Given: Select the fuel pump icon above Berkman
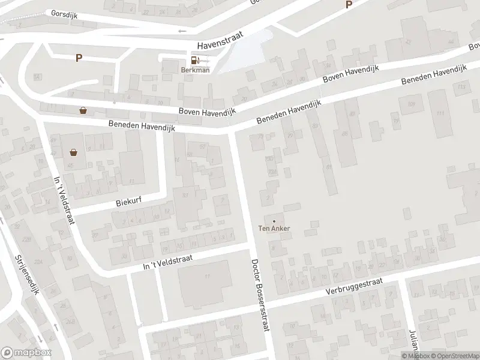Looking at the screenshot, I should tap(194, 60).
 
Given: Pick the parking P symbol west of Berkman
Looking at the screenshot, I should tap(78, 58).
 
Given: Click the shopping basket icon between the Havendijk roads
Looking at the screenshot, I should tap(83, 110).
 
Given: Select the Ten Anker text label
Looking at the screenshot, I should tap(274, 228).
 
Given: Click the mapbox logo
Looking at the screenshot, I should tap(26, 352).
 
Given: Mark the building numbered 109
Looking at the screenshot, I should tap(411, 104).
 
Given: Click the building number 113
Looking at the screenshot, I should tap(461, 88).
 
